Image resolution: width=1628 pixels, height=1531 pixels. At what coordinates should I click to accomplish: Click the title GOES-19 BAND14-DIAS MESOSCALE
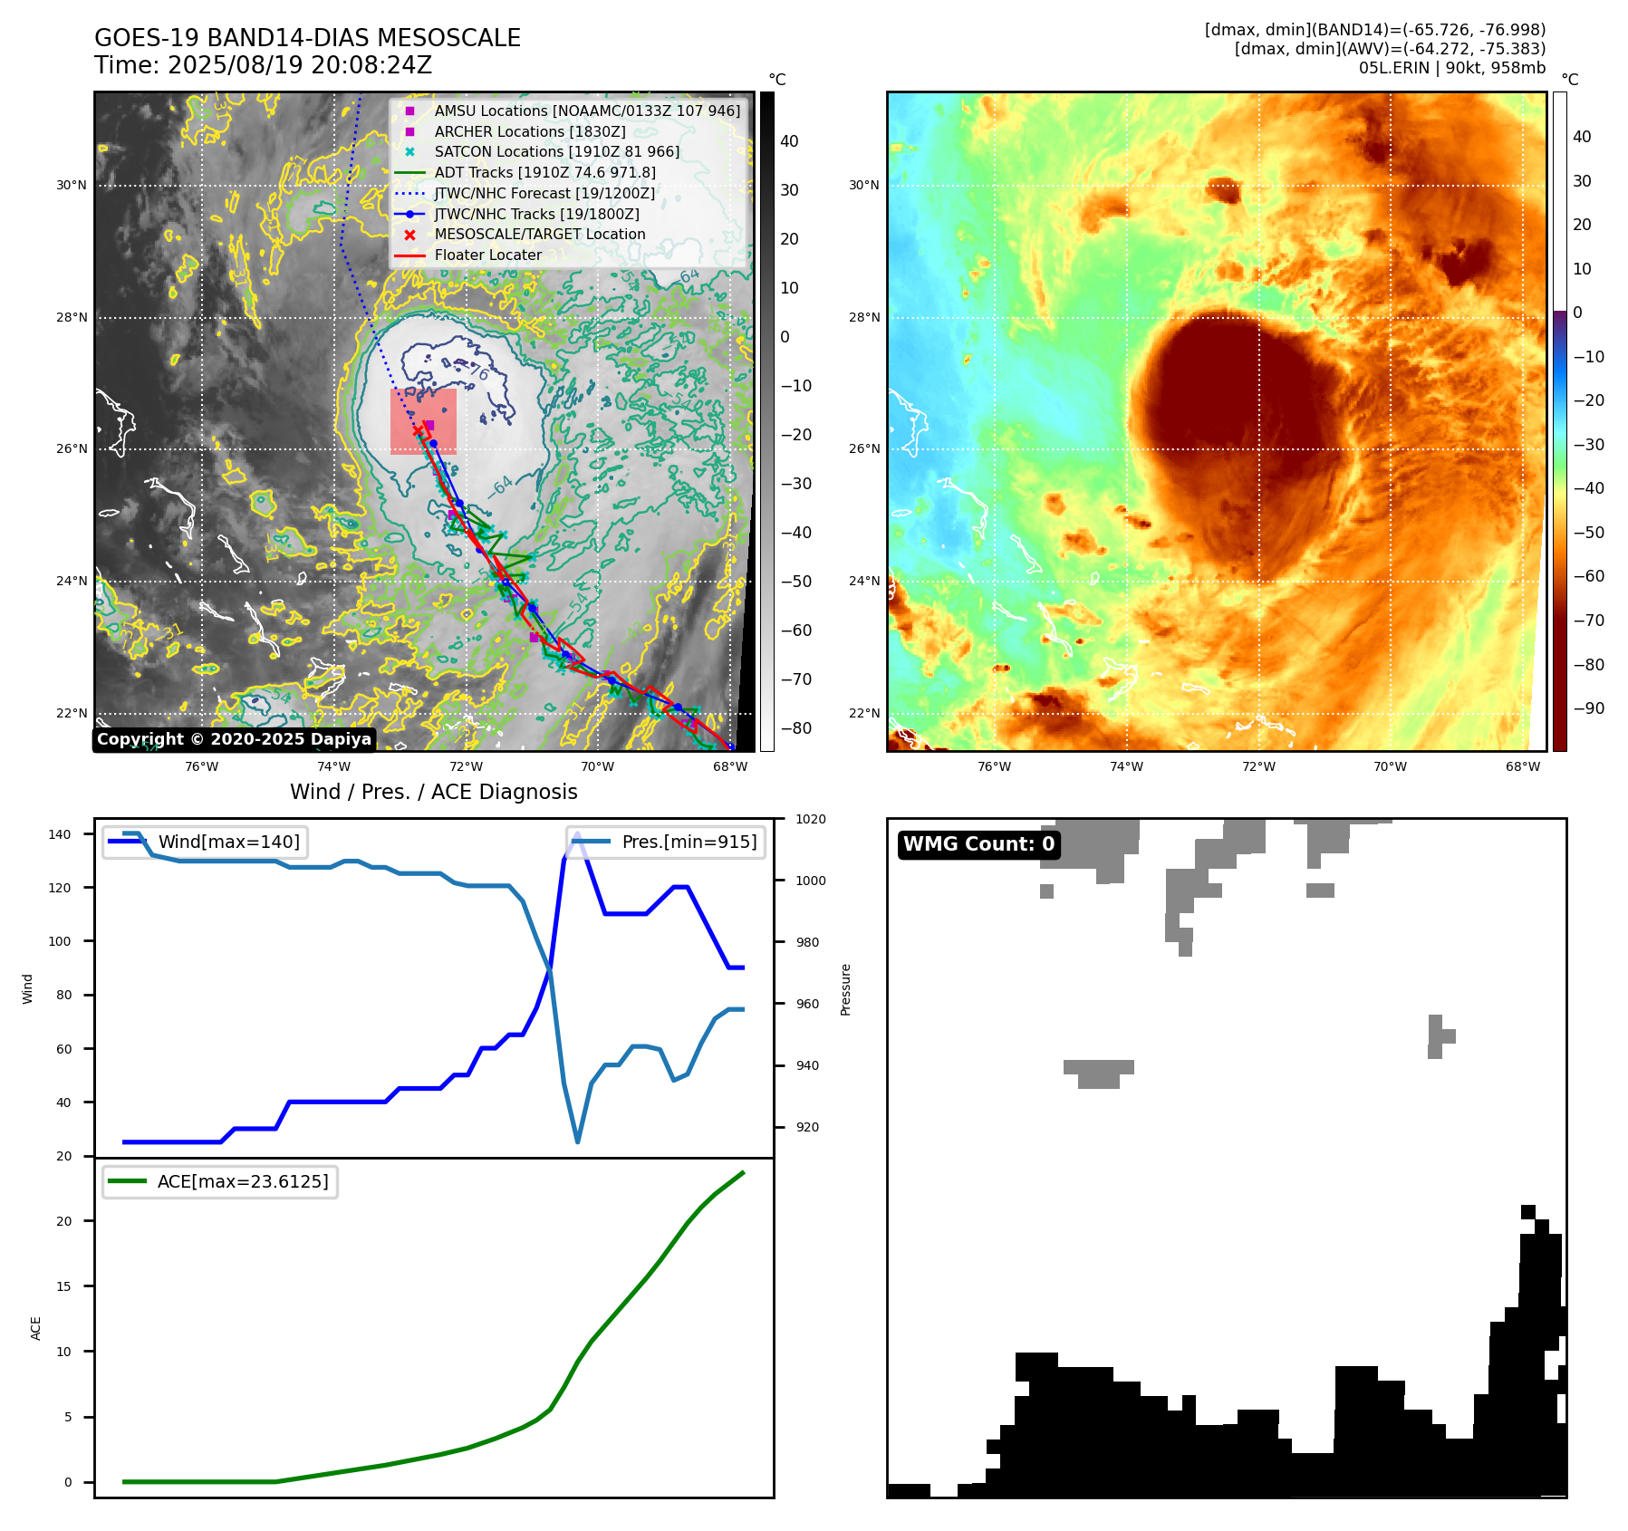[307, 38]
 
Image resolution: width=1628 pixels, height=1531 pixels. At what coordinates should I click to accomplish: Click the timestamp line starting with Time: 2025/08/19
[263, 65]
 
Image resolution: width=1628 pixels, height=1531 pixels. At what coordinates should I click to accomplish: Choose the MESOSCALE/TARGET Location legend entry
[539, 234]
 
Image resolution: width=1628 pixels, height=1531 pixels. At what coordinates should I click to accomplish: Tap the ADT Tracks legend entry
[544, 172]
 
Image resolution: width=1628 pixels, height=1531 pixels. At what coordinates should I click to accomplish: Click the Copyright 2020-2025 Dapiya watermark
[234, 739]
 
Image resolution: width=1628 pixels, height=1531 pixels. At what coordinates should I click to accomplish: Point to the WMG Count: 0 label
[978, 844]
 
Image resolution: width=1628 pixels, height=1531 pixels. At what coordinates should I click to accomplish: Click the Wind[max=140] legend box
[205, 842]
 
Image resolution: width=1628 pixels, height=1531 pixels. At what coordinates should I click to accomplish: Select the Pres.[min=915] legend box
[666, 842]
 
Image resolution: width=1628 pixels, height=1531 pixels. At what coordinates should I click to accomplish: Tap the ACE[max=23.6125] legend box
[220, 1181]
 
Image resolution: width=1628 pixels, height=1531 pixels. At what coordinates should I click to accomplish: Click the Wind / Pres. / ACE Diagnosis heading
[433, 792]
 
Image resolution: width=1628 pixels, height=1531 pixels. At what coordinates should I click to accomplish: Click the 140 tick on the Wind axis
[60, 834]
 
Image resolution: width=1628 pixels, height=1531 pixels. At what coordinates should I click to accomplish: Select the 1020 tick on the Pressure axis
[811, 820]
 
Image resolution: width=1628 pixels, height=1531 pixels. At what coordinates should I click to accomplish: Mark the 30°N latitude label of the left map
[72, 186]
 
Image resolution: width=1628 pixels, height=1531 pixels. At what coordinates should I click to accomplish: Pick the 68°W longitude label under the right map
[1522, 766]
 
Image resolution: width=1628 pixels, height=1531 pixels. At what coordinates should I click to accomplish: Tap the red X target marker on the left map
[418, 431]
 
